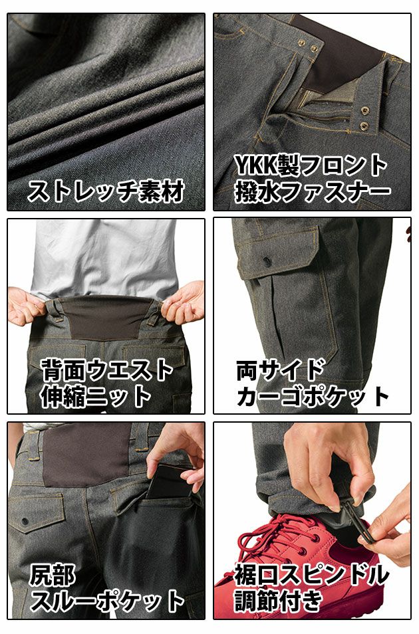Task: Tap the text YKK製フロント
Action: [311, 164]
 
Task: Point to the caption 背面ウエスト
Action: [106, 370]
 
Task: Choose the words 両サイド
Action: [280, 370]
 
